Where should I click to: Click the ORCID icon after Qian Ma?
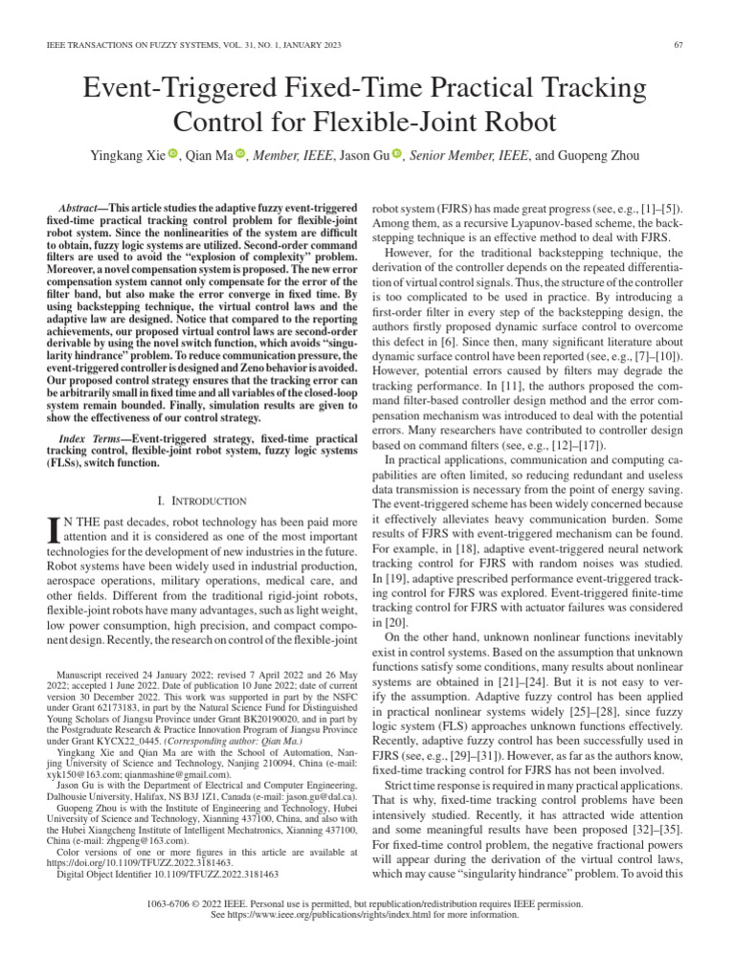pos(240,154)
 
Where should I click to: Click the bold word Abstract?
pos(83,208)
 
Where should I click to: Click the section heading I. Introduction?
pos(202,501)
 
